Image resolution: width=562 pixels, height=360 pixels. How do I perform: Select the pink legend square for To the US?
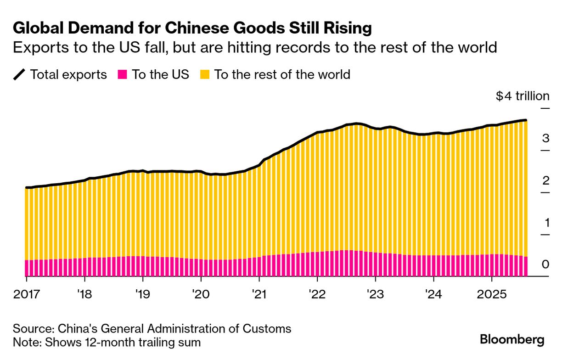point(122,74)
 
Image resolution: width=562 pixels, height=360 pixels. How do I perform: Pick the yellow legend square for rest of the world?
point(205,74)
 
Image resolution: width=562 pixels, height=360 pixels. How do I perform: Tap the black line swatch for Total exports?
point(20,74)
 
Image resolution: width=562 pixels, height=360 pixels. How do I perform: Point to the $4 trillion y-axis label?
point(523,96)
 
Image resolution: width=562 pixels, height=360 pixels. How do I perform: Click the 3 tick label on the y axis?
point(545,138)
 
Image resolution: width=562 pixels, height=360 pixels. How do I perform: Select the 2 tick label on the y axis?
point(545,180)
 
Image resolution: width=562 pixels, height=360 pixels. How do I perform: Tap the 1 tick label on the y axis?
point(546,223)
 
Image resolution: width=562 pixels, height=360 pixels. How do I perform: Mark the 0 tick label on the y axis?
point(545,264)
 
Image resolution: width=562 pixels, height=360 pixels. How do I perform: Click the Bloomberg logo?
point(512,340)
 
